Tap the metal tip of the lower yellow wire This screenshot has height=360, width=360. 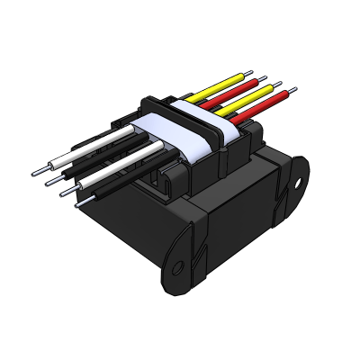tap(282, 85)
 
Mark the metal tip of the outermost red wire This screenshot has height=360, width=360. tap(290, 90)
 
